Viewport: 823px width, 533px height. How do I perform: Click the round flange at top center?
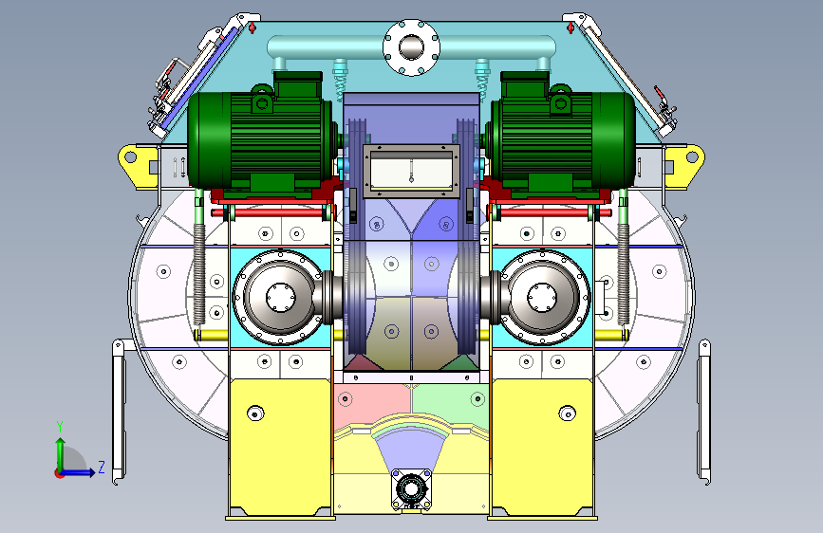(x=412, y=47)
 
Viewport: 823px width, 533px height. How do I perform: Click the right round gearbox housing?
(x=542, y=297)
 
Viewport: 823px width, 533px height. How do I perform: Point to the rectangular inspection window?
(x=412, y=171)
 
